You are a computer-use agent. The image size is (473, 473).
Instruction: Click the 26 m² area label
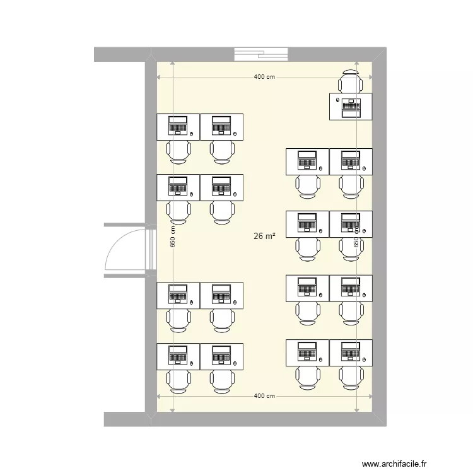point(265,237)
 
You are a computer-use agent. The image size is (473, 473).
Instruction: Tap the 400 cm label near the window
point(264,78)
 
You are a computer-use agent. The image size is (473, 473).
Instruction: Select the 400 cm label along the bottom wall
point(264,396)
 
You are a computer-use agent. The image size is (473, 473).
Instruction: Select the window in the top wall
point(261,54)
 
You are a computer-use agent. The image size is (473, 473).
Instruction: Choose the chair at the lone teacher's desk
point(351,82)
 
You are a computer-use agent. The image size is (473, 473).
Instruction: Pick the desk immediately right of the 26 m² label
point(307,225)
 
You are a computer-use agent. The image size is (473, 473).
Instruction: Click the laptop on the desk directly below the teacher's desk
point(351,160)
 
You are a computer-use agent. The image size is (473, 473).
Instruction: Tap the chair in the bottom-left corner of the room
point(178,382)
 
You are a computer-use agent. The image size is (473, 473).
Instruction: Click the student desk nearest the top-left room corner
point(178,127)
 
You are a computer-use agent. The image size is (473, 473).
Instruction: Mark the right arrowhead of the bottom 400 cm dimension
point(370,396)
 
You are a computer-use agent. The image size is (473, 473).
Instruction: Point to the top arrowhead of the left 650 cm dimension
point(173,64)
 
